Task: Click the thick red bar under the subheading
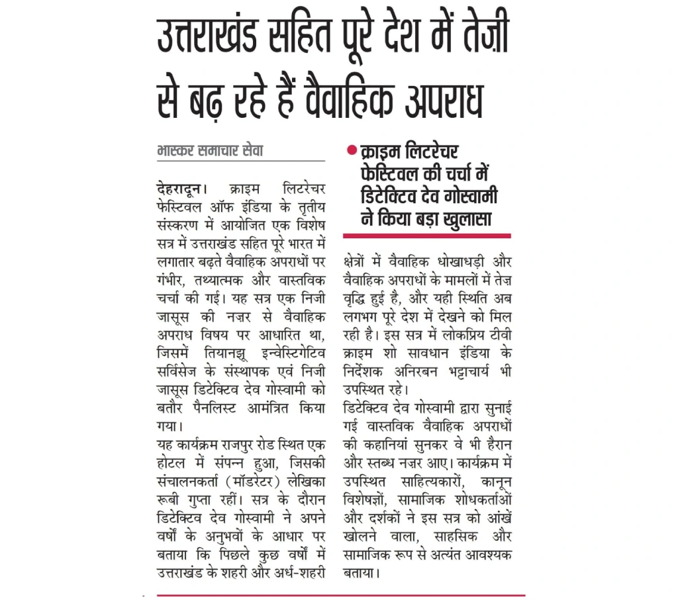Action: pos(426,235)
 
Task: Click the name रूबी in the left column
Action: pos(169,490)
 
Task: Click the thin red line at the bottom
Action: pos(340,594)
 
